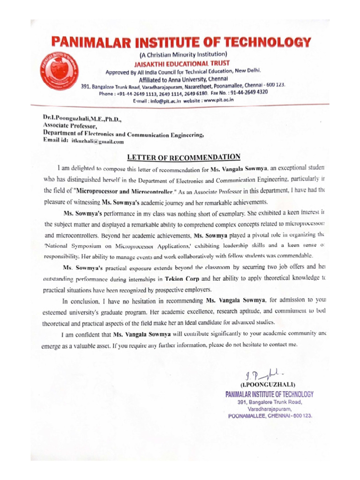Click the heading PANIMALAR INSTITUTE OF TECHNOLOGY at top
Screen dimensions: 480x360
(181, 43)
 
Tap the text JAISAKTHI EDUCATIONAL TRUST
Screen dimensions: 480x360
(180, 63)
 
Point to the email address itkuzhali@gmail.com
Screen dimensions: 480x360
(97, 141)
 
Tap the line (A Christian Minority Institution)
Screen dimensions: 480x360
(180, 55)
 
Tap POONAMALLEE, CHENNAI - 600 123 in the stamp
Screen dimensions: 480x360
(270, 416)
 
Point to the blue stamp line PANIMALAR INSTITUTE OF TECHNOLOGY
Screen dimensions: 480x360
(270, 395)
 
